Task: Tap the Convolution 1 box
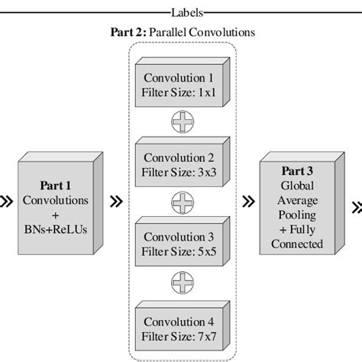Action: coord(179,85)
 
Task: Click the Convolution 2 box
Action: coord(179,165)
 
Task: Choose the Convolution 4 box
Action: coord(179,324)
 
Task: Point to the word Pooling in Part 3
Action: coord(296,215)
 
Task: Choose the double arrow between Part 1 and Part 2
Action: coord(116,202)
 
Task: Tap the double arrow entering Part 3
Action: coord(249,202)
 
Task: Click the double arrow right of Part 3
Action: coord(357,205)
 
